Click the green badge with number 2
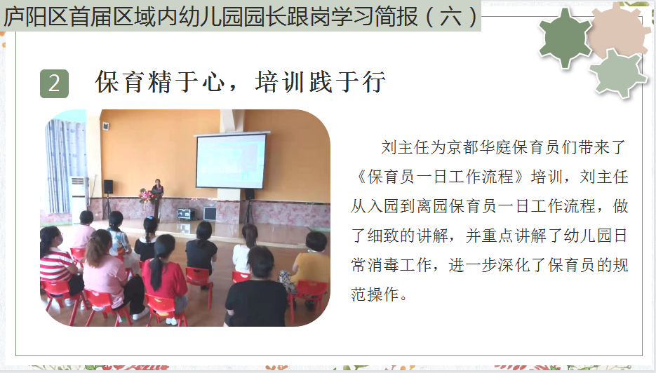pos(55,83)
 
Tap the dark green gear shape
pos(565,38)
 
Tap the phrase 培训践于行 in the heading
pos(320,82)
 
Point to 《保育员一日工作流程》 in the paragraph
pos(439,177)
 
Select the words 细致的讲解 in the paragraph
pos(408,236)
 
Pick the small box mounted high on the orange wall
pos(106,126)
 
